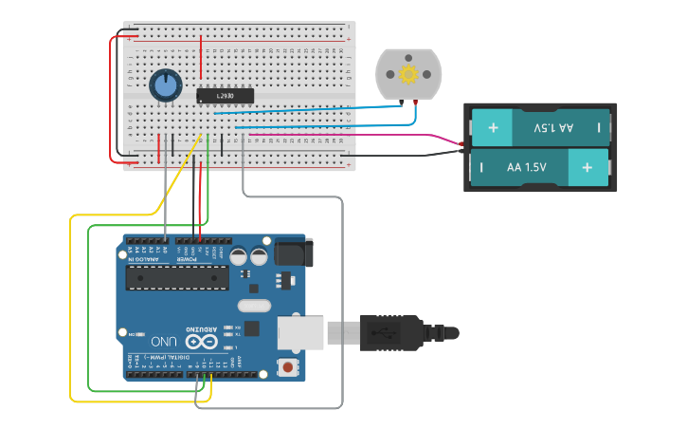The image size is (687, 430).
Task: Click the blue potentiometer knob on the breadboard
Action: click(166, 86)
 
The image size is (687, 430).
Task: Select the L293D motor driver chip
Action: click(225, 96)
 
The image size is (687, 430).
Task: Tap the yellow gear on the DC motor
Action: click(409, 74)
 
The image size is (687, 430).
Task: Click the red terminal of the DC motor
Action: click(415, 102)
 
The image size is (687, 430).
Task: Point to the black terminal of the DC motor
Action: click(402, 102)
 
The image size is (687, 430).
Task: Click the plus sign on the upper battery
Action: click(492, 127)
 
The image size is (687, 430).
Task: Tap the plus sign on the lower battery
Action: click(588, 167)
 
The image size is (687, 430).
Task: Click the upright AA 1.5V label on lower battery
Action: click(527, 167)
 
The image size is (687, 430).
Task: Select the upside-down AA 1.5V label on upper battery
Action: click(553, 127)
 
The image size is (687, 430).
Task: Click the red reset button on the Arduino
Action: click(287, 366)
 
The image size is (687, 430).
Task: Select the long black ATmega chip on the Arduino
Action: click(178, 276)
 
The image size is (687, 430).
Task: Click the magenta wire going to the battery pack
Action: click(398, 135)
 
